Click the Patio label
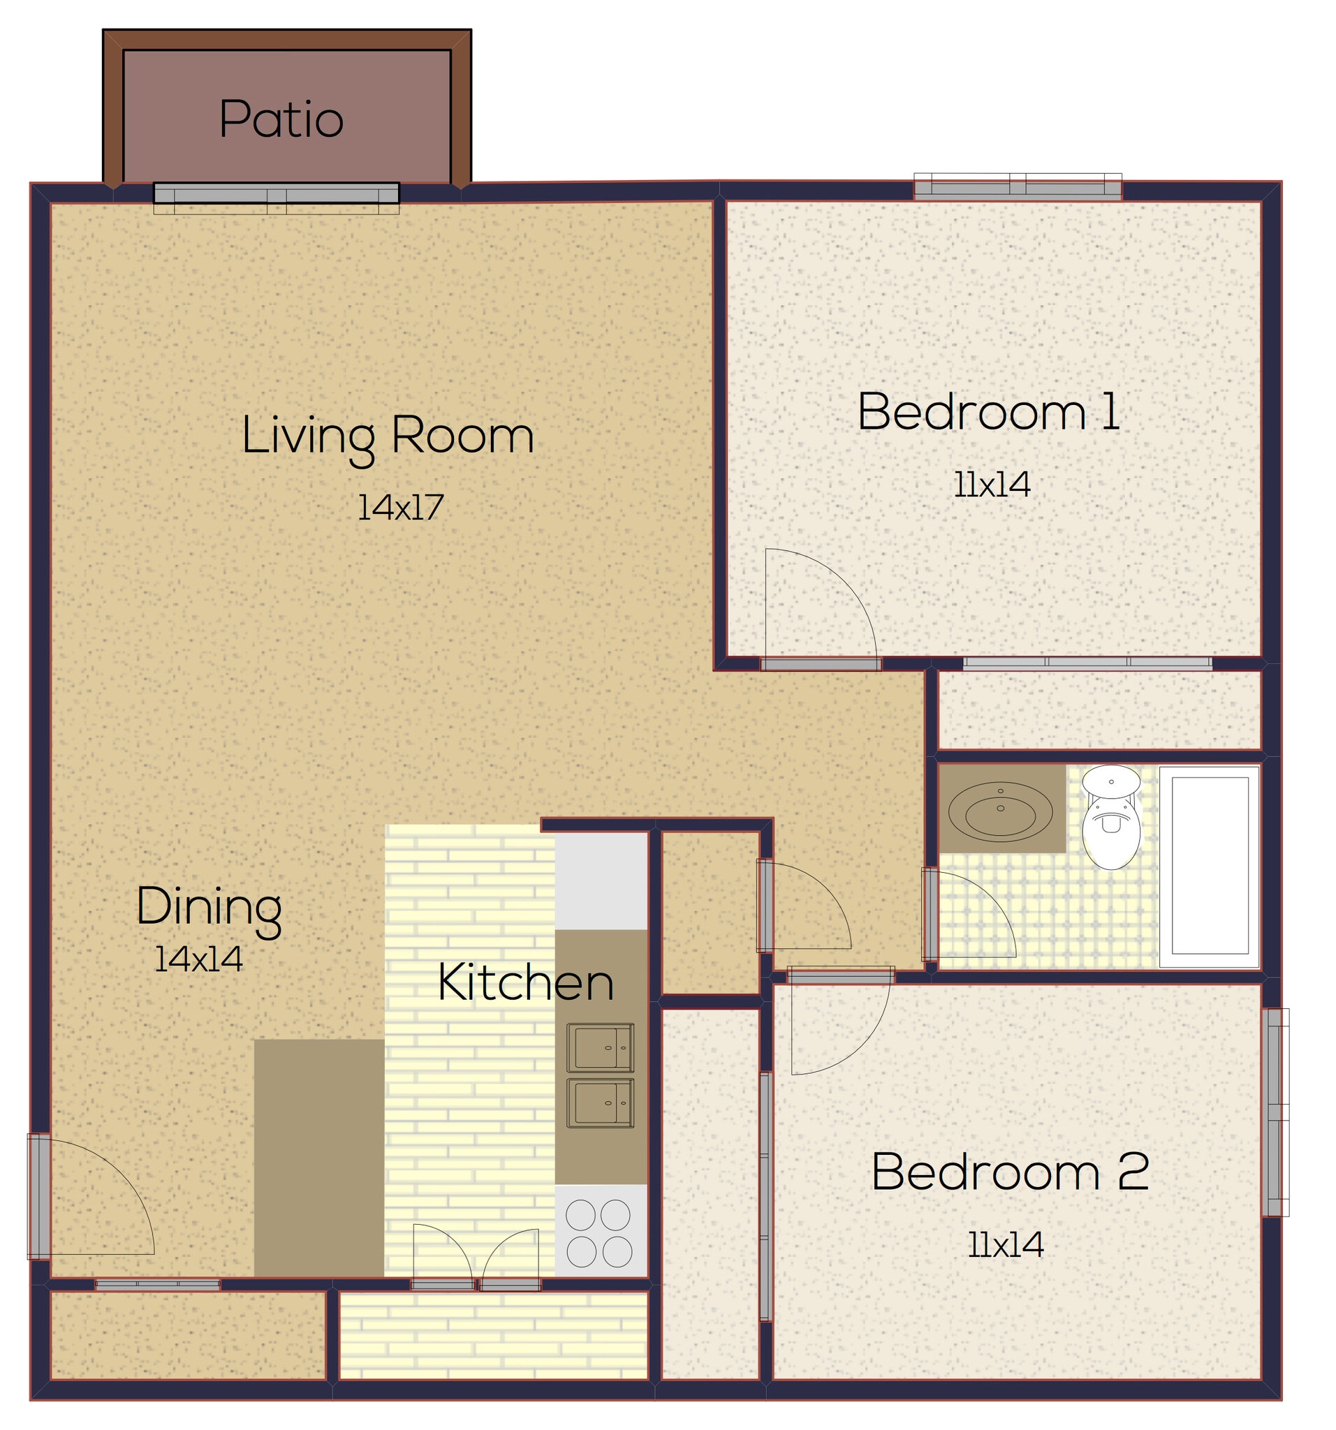pos(281,119)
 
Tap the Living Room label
pos(387,436)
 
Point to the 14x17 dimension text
pos(400,508)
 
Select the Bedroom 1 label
pos(988,412)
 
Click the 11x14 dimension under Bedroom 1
pos(991,485)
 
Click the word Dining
pos(209,908)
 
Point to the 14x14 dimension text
pos(198,959)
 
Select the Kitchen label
pos(525,982)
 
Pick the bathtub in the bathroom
pos(1209,866)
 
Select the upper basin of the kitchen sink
pos(600,1048)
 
